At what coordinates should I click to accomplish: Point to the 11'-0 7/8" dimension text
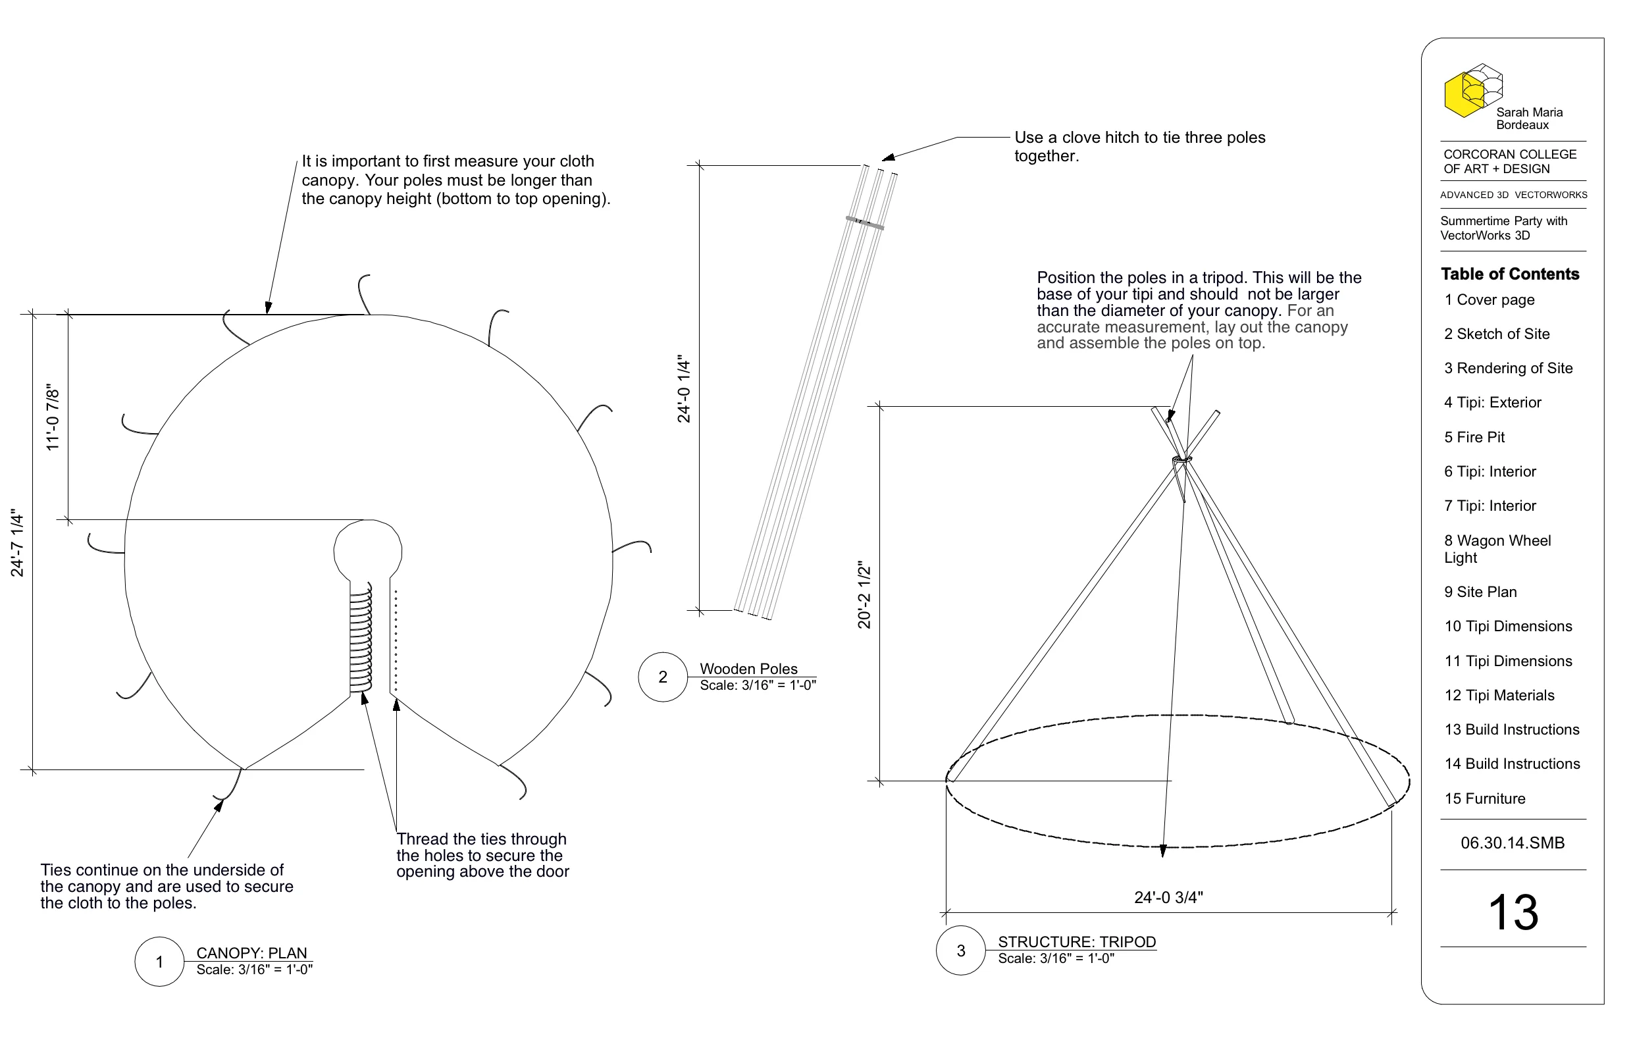tap(53, 417)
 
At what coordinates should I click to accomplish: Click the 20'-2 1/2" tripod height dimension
tap(864, 594)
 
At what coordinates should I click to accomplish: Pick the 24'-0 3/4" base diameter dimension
tap(1168, 897)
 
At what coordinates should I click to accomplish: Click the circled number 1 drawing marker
tap(159, 962)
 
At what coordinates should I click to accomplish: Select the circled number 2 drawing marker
tap(663, 677)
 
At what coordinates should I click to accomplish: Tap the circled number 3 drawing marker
tap(960, 950)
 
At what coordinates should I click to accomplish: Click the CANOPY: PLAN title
tap(251, 952)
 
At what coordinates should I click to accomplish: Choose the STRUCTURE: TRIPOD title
tap(1077, 942)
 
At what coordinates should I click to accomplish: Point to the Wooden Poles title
tap(748, 669)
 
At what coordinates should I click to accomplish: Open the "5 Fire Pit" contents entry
tap(1474, 437)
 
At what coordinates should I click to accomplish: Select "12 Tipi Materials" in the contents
tap(1499, 695)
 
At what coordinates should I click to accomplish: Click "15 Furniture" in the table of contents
tap(1484, 798)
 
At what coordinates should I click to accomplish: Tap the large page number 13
tap(1513, 912)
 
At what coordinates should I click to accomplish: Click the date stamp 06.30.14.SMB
tap(1513, 843)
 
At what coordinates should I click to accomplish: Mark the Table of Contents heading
tap(1509, 274)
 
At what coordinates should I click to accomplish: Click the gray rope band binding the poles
tap(865, 222)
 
